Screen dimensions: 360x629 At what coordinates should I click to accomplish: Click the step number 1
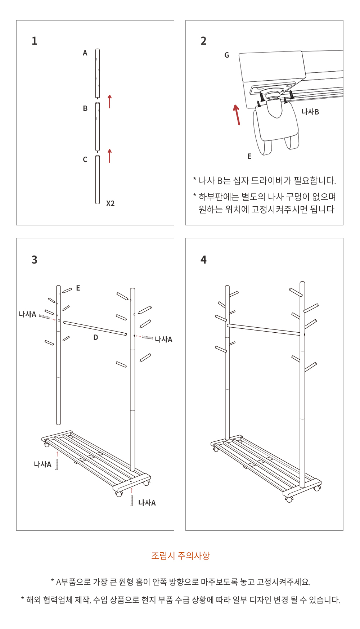35,41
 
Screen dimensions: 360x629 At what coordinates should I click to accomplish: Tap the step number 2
204,41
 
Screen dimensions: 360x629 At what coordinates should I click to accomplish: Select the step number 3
35,260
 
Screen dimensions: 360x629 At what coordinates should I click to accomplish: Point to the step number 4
204,260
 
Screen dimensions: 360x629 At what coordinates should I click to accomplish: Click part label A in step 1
85,53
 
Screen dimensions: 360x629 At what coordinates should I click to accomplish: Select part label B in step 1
85,108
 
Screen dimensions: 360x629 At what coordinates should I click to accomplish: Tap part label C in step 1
85,160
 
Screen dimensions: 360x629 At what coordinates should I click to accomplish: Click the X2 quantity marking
111,203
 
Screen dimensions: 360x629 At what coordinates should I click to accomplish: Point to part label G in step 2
227,55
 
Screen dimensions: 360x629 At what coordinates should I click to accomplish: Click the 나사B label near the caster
310,112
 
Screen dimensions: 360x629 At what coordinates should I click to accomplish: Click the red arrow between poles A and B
110,102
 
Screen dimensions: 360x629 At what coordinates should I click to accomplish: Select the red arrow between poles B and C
110,156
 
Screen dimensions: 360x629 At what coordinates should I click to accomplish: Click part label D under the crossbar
96,337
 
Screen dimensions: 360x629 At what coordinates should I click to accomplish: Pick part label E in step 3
78,288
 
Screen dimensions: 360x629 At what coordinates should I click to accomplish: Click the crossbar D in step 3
95,328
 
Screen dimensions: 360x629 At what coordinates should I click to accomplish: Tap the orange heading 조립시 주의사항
180,556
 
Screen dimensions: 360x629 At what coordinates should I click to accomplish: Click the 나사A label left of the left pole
28,314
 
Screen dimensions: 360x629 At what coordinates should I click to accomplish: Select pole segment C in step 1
98,180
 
